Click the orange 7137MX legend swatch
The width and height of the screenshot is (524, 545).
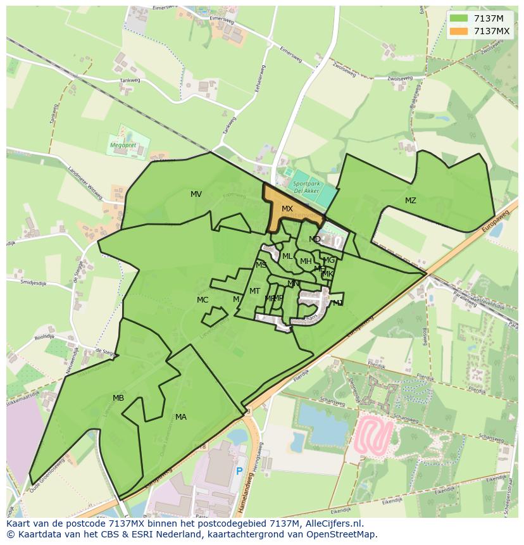[x=460, y=31]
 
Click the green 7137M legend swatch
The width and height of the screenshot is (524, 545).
[x=460, y=18]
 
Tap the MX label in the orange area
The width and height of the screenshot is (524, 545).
[x=287, y=209]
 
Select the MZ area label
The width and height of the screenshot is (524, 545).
[x=411, y=201]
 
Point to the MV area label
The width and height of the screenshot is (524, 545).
[x=196, y=194]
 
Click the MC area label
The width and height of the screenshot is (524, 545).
[x=203, y=300]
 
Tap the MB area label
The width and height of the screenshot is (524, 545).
[x=118, y=398]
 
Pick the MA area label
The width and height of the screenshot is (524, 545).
[x=181, y=417]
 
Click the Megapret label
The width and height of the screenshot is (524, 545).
[x=123, y=144]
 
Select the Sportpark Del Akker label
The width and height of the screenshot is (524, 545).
[x=306, y=185]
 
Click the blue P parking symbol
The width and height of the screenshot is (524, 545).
[x=239, y=471]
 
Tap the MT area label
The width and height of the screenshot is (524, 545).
[x=254, y=291]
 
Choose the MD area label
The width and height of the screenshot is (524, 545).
[x=315, y=239]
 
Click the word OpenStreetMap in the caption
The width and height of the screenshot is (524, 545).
[x=342, y=534]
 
